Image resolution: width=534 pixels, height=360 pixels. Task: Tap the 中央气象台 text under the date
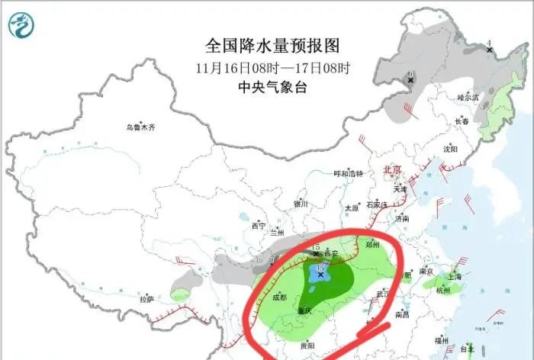[272, 88]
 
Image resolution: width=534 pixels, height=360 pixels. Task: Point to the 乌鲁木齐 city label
[141, 127]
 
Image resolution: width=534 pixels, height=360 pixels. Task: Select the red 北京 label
[391, 169]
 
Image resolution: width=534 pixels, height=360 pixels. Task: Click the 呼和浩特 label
[352, 174]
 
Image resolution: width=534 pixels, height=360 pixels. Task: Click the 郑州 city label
[393, 246]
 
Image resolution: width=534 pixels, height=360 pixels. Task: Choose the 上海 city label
[456, 277]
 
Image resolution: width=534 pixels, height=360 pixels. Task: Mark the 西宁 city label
[259, 226]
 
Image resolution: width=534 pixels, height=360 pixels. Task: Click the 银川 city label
[301, 204]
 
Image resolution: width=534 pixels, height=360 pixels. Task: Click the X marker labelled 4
[489, 50]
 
